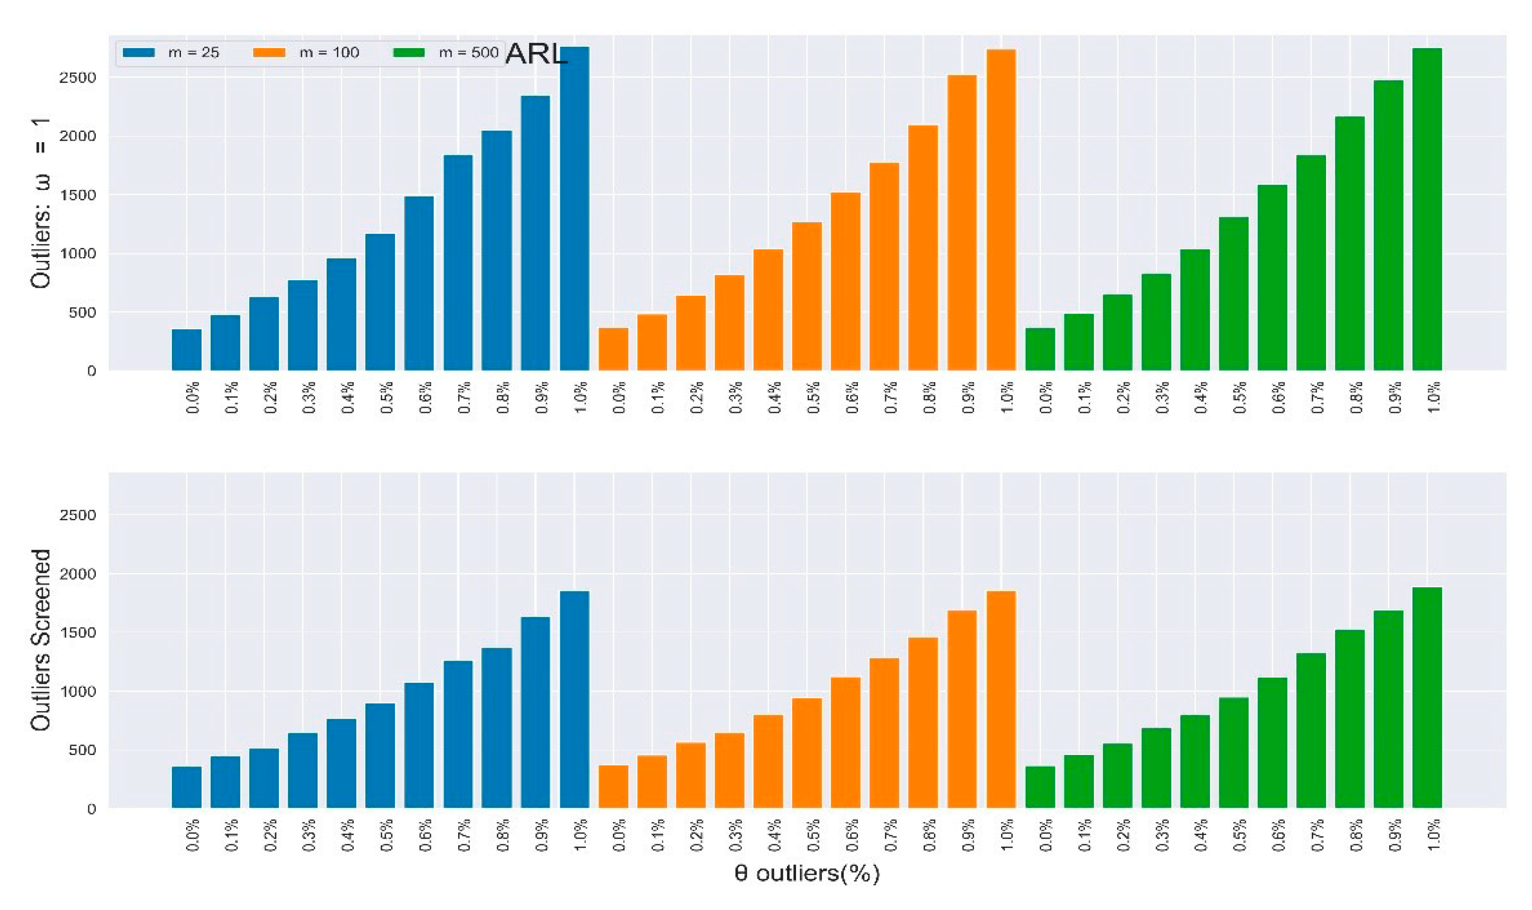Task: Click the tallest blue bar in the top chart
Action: pyautogui.click(x=574, y=208)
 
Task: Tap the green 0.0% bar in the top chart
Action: pyautogui.click(x=1040, y=350)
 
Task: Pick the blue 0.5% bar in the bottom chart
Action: pyautogui.click(x=380, y=755)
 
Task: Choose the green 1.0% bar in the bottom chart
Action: pyautogui.click(x=1427, y=698)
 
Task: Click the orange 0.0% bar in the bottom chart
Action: pyautogui.click(x=613, y=787)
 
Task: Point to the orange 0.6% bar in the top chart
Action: pyautogui.click(x=846, y=282)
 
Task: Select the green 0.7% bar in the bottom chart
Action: pyautogui.click(x=1311, y=731)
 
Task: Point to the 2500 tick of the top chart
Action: pyautogui.click(x=78, y=78)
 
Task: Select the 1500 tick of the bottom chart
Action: pyautogui.click(x=78, y=633)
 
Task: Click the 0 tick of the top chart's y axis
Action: pyautogui.click(x=91, y=371)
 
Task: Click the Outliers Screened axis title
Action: pyautogui.click(x=41, y=640)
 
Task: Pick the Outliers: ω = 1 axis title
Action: pyautogui.click(x=41, y=202)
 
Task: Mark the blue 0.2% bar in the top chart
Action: pyautogui.click(x=264, y=334)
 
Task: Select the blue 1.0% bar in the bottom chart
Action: pyautogui.click(x=574, y=700)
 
